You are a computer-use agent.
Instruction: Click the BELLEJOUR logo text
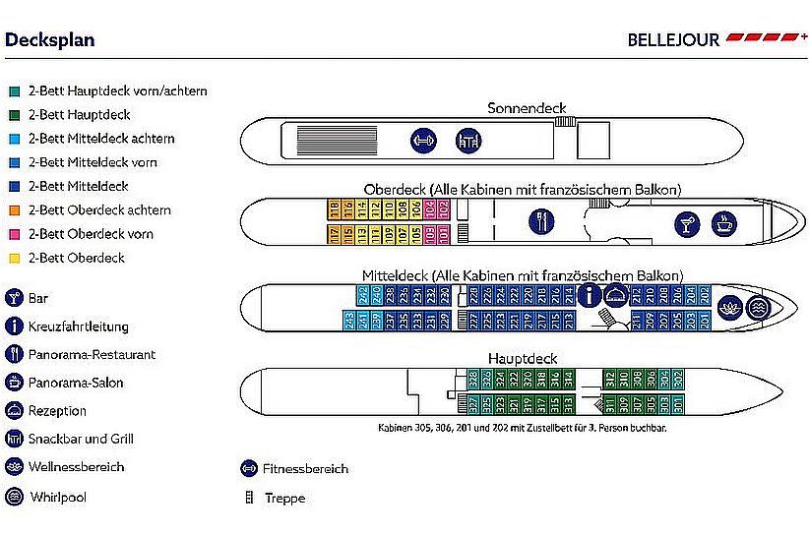673,40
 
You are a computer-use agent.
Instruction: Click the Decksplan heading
50,40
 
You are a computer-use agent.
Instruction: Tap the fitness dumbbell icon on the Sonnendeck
422,141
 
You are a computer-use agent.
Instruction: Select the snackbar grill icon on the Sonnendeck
467,141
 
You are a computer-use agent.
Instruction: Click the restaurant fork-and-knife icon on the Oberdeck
539,220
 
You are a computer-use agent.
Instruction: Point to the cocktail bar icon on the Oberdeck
684,224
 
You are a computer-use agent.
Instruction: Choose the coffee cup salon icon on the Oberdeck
723,223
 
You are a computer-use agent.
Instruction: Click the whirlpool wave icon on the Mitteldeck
757,306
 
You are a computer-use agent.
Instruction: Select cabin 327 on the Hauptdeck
473,403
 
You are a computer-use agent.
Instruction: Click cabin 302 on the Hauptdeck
678,378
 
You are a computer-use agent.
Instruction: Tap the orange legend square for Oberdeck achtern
15,210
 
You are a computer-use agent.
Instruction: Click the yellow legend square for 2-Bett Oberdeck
15,259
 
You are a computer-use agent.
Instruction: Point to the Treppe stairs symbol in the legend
250,499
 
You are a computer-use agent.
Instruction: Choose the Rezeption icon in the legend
15,411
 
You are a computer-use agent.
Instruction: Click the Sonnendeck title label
528,108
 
